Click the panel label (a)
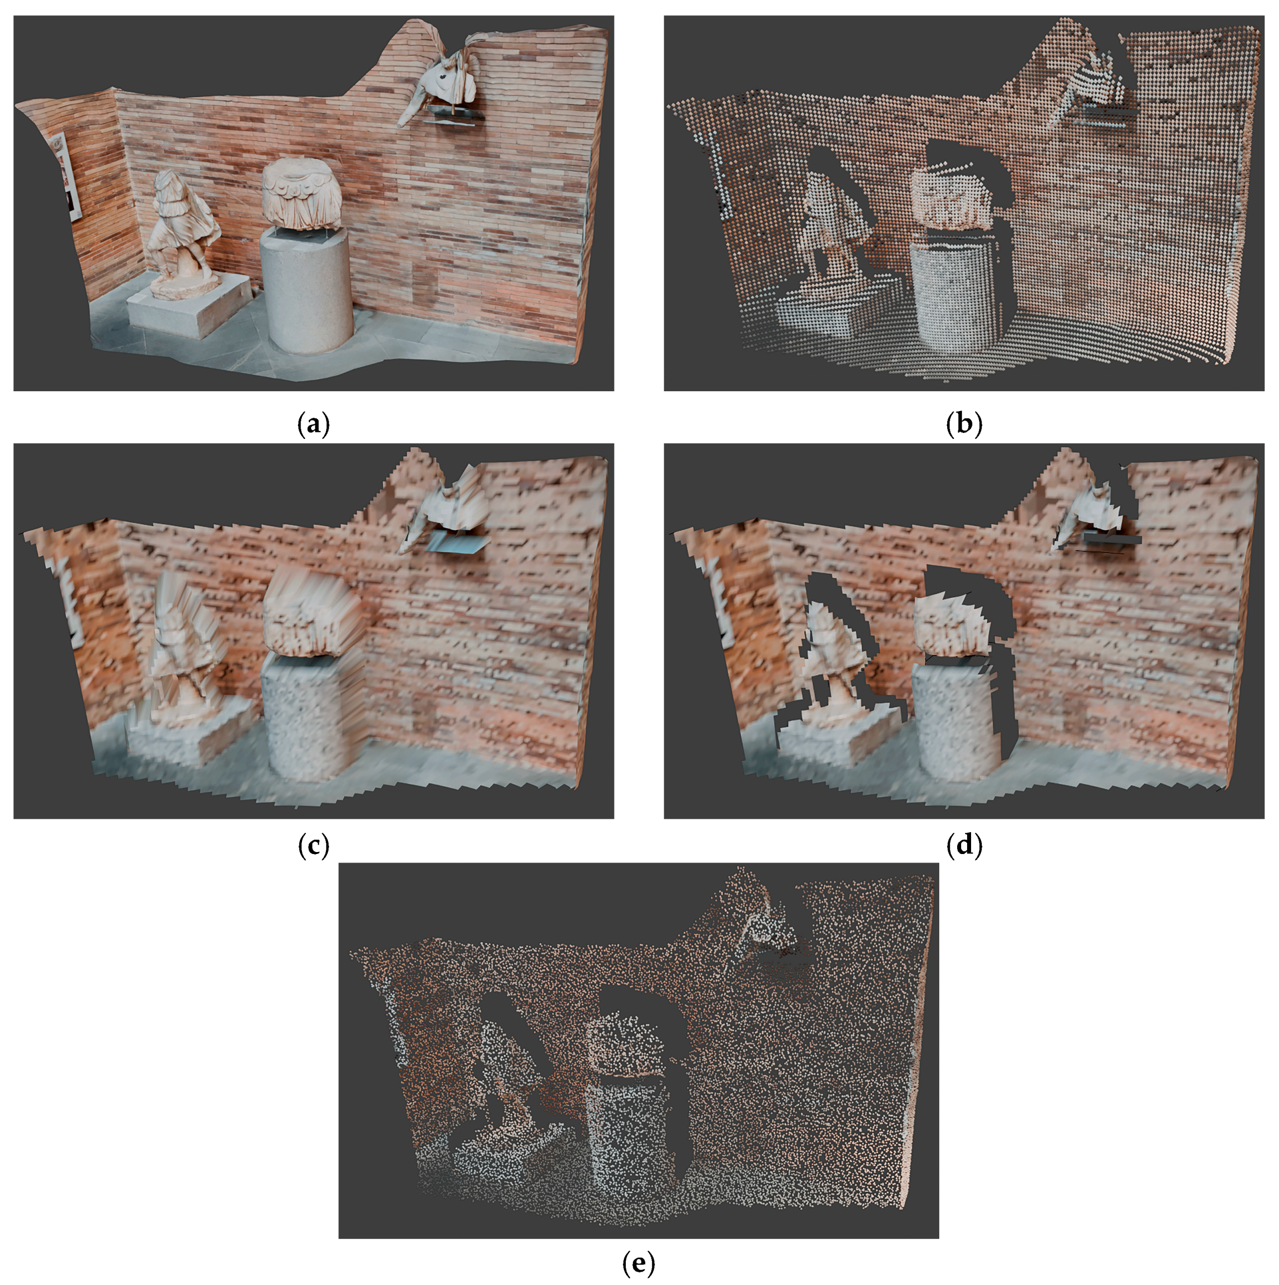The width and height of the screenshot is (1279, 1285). pyautogui.click(x=313, y=424)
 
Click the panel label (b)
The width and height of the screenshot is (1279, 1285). pyautogui.click(x=964, y=424)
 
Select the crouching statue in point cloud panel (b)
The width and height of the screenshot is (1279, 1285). pyautogui.click(x=832, y=226)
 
